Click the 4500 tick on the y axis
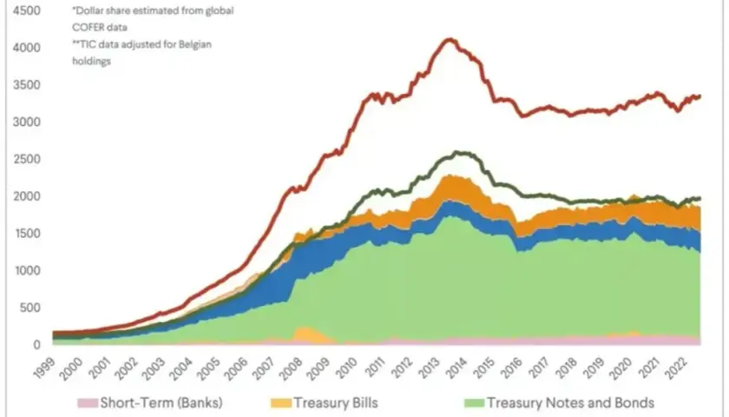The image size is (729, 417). coord(27,10)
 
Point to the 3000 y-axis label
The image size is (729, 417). coord(27,122)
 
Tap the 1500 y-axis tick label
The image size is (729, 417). coord(28,233)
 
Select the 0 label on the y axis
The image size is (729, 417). coord(36,345)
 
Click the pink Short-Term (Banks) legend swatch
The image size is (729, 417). coord(88,403)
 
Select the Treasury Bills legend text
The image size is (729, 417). coord(336,402)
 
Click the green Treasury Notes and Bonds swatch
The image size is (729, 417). coord(474,403)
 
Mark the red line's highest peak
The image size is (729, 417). coord(450,40)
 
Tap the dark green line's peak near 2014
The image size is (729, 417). coord(458,152)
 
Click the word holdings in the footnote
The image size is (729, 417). coord(92,61)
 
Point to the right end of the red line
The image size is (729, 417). coord(699,96)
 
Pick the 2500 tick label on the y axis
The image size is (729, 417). coord(27,159)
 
